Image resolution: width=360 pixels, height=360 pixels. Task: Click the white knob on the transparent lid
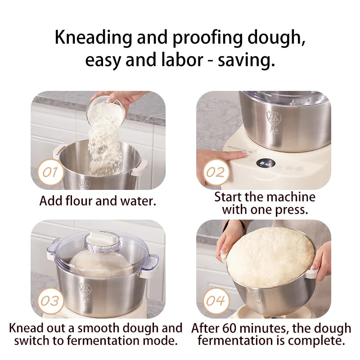click(x=103, y=237)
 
